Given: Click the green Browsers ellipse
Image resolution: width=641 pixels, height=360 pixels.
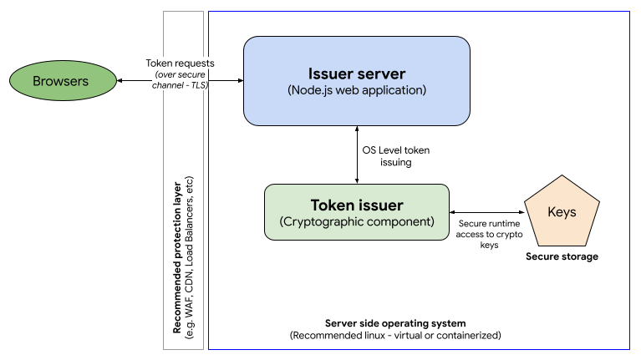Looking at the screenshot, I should click(x=63, y=81).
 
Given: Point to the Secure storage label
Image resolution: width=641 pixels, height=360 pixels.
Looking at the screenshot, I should click(x=562, y=256).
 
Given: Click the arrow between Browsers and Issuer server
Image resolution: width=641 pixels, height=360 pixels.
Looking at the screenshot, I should click(x=138, y=81).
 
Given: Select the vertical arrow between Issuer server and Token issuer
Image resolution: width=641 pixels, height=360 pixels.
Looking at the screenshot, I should click(x=358, y=155).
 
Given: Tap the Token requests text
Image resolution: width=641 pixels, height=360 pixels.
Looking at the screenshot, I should click(x=181, y=63).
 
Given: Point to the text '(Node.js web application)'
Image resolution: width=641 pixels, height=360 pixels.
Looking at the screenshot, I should click(x=357, y=89).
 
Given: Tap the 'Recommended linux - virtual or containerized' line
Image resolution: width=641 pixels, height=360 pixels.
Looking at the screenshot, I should click(x=394, y=335).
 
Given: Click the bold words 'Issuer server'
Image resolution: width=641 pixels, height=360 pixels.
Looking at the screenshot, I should click(x=357, y=72).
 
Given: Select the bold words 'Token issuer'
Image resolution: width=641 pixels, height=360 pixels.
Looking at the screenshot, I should click(x=357, y=205).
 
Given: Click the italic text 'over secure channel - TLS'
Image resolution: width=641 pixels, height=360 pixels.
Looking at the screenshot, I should click(x=179, y=80).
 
